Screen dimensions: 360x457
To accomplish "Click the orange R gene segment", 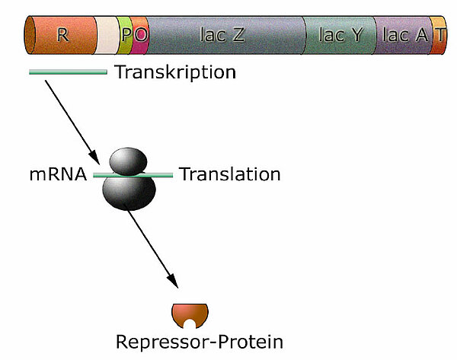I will pyautogui.click(x=46, y=34).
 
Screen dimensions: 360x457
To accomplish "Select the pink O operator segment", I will pyautogui.click(x=140, y=35).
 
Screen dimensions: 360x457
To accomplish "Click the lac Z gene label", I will pyautogui.click(x=222, y=34).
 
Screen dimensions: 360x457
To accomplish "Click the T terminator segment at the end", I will pyautogui.click(x=439, y=35).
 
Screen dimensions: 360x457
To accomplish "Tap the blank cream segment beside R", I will pyautogui.click(x=107, y=35).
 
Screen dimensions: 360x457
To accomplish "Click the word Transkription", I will pyautogui.click(x=174, y=73).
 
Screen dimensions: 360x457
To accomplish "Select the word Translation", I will pyautogui.click(x=229, y=174).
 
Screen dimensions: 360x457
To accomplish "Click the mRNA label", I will pyautogui.click(x=58, y=174).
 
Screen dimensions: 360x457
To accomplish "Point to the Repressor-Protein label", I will pyautogui.click(x=199, y=342).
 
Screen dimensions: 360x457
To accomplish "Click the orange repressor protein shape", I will pyautogui.click(x=179, y=312).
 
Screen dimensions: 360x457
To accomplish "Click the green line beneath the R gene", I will pyautogui.click(x=68, y=72).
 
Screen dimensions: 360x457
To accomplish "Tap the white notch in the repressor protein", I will pyautogui.click(x=190, y=323).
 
